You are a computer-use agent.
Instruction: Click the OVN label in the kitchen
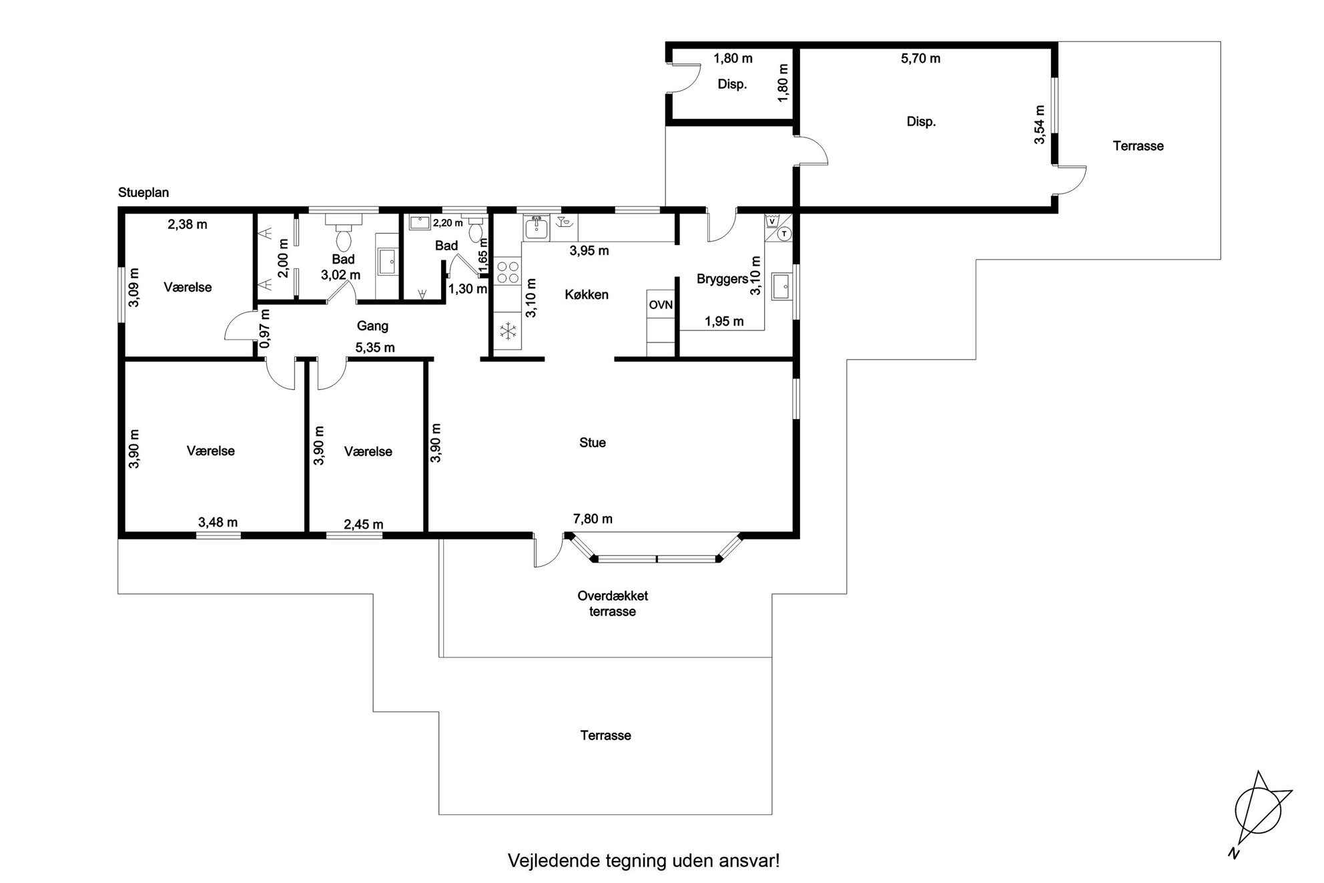[661, 305]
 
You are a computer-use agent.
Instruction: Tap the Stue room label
[593, 443]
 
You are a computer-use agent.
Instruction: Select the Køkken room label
[587, 294]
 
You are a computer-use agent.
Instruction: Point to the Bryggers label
[722, 279]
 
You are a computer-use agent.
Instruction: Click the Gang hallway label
[372, 326]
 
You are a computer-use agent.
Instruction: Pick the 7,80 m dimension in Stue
[593, 519]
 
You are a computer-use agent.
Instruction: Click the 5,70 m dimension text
[921, 59]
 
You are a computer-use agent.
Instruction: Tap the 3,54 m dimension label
[1039, 125]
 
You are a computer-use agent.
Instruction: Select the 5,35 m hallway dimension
[375, 348]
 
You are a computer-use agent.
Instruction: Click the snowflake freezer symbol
[509, 331]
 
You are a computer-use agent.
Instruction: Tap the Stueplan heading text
[143, 192]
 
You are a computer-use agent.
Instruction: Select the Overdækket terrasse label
[613, 603]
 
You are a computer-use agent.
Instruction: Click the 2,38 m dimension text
[188, 225]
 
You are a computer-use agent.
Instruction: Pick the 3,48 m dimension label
[218, 523]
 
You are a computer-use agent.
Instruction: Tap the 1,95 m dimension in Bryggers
[724, 322]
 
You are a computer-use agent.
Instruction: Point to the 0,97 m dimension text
[265, 328]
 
